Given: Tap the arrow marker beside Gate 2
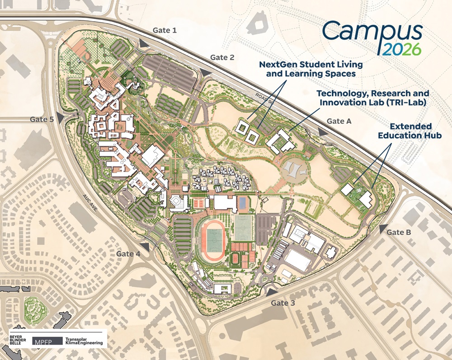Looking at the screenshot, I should click(206, 72).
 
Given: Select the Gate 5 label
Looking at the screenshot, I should click(42, 119).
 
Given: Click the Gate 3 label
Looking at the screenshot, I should click(283, 303).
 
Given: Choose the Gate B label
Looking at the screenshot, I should click(399, 232).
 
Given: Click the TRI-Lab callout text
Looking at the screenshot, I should click(372, 98).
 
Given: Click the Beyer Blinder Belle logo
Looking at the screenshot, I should click(19, 340).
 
